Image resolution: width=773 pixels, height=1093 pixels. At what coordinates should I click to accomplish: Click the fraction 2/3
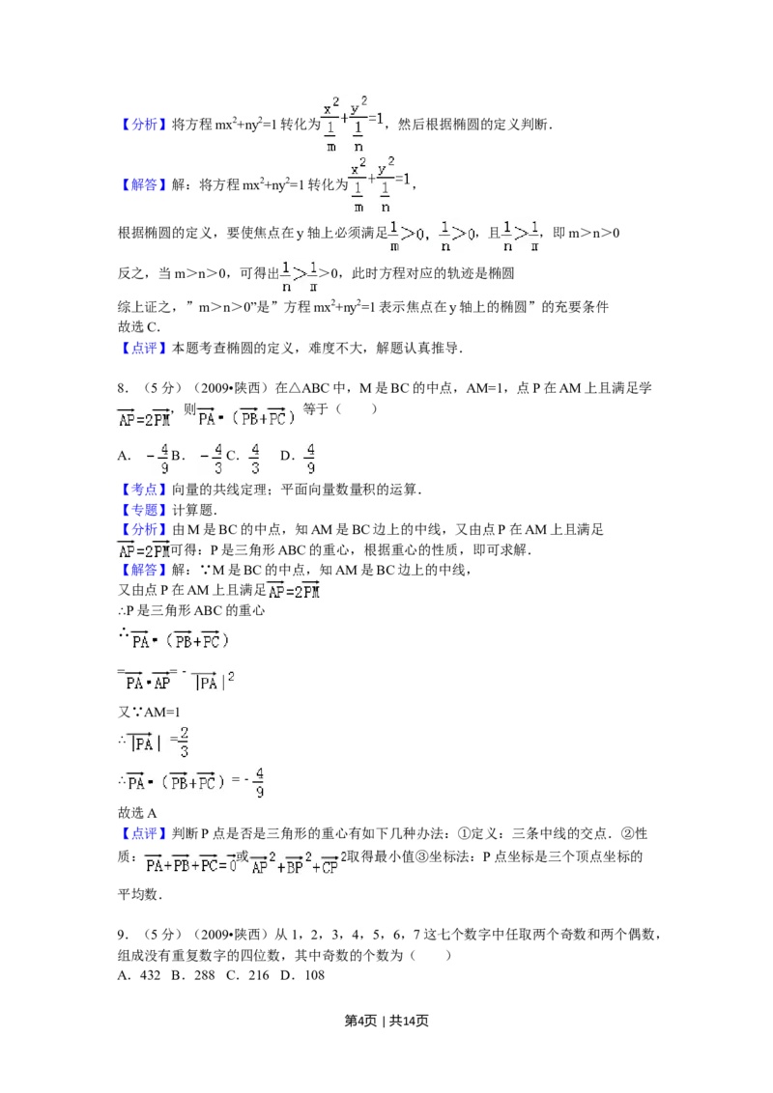click(x=183, y=740)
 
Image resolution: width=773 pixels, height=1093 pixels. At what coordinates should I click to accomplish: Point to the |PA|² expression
click(x=215, y=681)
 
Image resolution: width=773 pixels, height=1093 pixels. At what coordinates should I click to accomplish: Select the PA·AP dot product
click(x=147, y=681)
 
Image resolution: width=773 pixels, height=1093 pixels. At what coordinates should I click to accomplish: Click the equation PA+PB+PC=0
click(x=190, y=865)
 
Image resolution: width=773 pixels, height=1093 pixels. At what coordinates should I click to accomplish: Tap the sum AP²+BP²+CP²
click(x=298, y=865)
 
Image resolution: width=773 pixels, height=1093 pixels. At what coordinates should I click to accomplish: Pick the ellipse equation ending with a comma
click(x=380, y=182)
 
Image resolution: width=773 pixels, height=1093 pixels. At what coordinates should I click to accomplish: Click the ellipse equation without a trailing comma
click(x=353, y=124)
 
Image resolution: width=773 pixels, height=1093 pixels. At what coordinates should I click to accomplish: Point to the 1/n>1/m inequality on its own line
click(x=301, y=274)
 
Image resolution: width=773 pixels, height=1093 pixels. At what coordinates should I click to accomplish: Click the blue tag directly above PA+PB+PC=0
click(x=144, y=833)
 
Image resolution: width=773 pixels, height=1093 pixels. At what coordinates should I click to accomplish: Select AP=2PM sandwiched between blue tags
click(x=143, y=551)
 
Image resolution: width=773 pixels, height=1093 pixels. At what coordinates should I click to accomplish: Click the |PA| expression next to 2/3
click(x=145, y=743)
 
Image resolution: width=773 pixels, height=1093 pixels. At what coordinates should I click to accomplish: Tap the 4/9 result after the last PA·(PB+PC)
click(x=258, y=782)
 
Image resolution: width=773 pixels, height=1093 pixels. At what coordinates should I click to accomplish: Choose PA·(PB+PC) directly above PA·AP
click(x=182, y=640)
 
